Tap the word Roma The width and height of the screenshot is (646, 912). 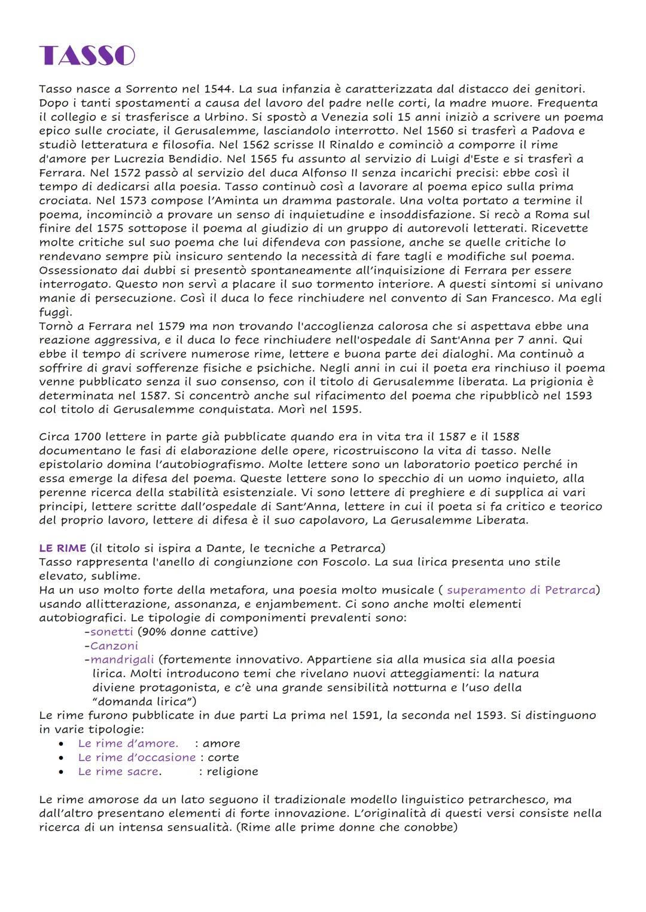click(559, 215)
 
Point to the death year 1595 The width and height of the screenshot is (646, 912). click(343, 409)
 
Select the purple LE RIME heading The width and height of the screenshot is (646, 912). click(62, 548)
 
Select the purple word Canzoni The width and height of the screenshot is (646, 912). click(114, 645)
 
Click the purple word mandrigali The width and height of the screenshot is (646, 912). click(122, 660)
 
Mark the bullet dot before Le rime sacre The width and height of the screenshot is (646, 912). click(62, 772)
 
